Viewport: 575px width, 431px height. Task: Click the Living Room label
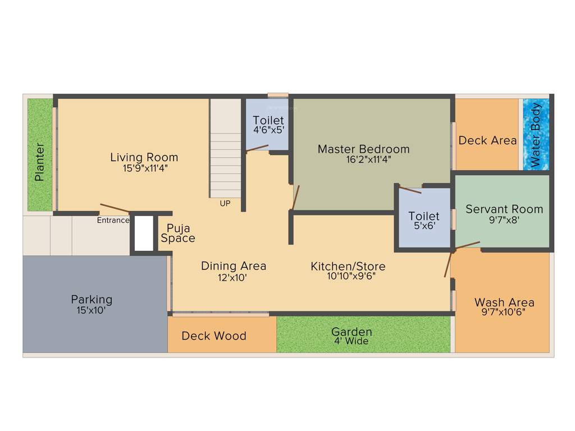click(144, 157)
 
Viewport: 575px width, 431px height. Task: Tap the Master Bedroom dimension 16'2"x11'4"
click(363, 159)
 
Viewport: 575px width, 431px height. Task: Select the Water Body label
click(536, 135)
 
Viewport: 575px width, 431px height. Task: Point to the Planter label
click(39, 162)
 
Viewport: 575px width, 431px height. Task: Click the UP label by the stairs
click(225, 203)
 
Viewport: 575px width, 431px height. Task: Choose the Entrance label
click(113, 221)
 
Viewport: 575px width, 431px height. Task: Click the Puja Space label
click(178, 233)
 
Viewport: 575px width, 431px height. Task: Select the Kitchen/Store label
click(348, 265)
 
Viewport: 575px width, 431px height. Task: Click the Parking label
click(92, 299)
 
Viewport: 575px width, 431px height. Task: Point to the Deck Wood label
click(214, 336)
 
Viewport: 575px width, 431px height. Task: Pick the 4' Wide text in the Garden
click(352, 341)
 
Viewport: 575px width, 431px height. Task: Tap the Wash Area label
click(504, 302)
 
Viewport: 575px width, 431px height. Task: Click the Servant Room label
click(504, 209)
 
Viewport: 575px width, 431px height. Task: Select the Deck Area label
click(487, 140)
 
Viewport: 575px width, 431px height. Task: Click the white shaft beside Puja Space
click(144, 233)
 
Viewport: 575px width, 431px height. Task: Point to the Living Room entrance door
click(115, 208)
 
